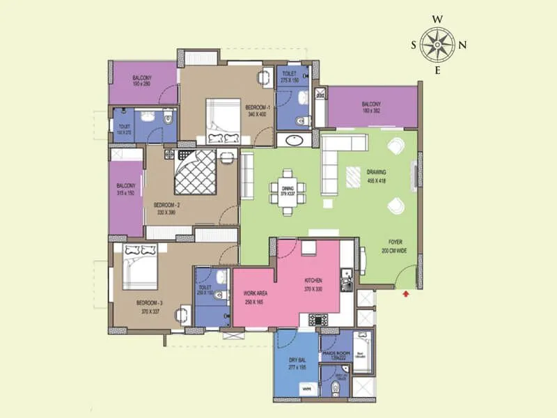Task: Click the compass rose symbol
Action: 438,45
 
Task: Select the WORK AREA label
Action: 253,295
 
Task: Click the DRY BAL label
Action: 297,362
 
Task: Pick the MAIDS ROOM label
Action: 336,355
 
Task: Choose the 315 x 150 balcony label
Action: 126,189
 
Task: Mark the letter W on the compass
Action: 438,20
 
